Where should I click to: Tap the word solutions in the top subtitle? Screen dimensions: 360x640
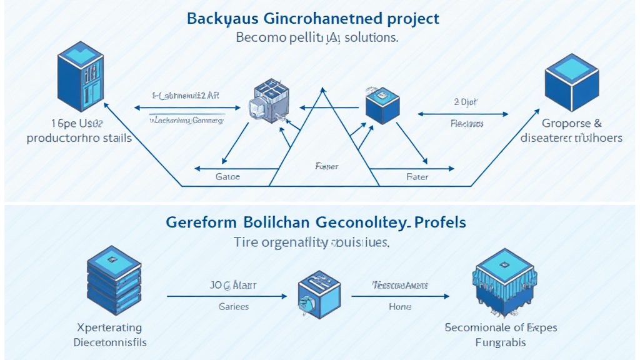[x=367, y=37]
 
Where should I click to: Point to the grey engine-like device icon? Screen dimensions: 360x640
[x=267, y=101]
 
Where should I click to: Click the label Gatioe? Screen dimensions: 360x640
[x=227, y=177]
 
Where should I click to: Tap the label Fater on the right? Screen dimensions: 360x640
[x=417, y=177]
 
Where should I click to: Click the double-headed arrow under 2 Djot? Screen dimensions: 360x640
[x=462, y=114]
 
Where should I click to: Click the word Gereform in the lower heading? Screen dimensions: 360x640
[x=201, y=222]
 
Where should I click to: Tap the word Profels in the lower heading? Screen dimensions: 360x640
[x=444, y=222]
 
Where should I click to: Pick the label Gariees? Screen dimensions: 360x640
[x=234, y=306]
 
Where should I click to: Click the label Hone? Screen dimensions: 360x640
[x=400, y=306]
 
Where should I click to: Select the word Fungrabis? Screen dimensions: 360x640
[x=500, y=342]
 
